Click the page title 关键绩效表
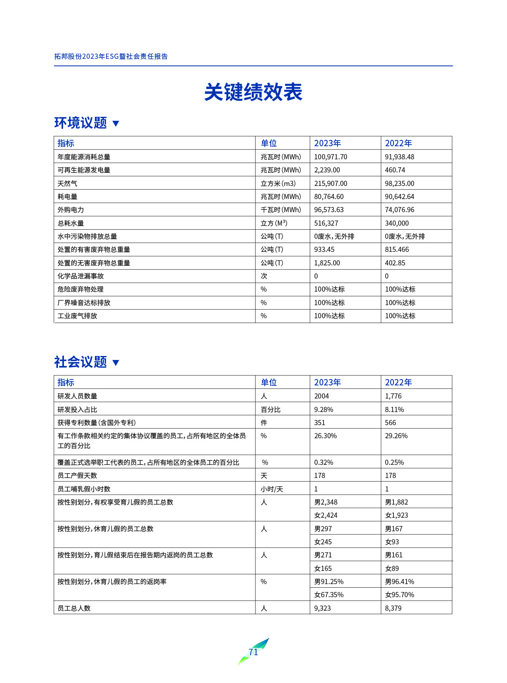[253, 92]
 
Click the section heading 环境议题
[81, 123]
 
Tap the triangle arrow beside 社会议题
[116, 362]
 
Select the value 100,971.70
[330, 157]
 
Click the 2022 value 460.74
[395, 170]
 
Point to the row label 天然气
[67, 184]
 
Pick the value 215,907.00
[330, 184]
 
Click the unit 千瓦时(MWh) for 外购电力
[281, 210]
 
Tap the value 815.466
[397, 250]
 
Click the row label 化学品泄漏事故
[81, 276]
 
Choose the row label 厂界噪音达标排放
[84, 303]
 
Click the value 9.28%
[324, 410]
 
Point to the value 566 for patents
[390, 423]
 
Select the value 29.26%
[396, 436]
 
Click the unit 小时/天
[272, 489]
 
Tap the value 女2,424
[326, 515]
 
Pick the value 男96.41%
[399, 582]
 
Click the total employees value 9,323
[322, 608]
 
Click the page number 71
[253, 652]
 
